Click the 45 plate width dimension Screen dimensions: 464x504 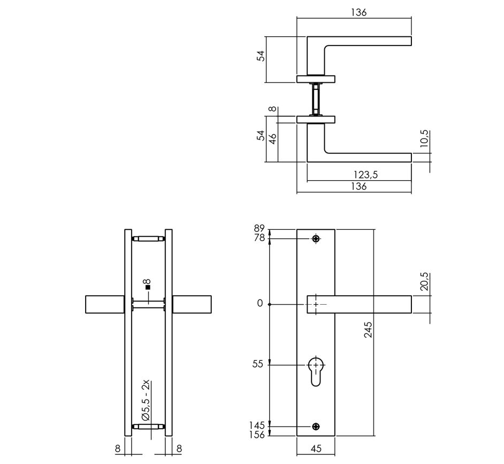coord(316,449)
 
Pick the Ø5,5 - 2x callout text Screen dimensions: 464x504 coord(146,402)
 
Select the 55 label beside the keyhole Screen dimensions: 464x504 coord(258,364)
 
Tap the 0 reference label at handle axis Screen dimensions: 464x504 coord(260,304)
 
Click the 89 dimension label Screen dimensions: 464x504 coord(259,229)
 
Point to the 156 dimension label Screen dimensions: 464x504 coord(257,435)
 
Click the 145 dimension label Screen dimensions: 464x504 coord(257,426)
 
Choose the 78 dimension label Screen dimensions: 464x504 coord(259,238)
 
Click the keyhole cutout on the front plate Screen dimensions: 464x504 coord(316,369)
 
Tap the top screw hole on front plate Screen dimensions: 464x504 coord(316,238)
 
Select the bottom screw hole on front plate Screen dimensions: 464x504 coord(316,426)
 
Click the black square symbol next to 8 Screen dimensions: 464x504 coord(148,287)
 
